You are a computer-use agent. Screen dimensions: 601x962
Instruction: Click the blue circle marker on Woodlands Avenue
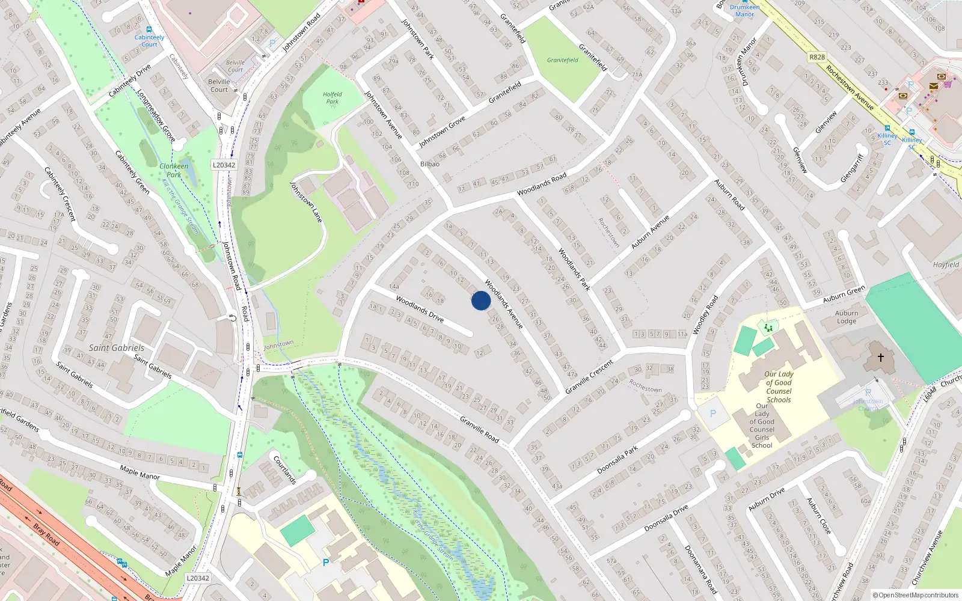[x=481, y=300]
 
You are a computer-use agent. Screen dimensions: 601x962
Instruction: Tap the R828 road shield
[x=817, y=57]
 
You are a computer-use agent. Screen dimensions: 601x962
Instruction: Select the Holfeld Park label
[x=332, y=98]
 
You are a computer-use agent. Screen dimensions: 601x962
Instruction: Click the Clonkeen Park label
[x=174, y=170]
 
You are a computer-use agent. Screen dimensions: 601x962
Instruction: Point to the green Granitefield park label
[x=563, y=60]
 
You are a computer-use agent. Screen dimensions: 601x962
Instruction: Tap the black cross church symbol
[x=881, y=358]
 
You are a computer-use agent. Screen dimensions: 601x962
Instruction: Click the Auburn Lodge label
[x=847, y=317]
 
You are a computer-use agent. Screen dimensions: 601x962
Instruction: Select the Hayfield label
[x=946, y=264]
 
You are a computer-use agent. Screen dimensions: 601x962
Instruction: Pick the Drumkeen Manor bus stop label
[x=744, y=11]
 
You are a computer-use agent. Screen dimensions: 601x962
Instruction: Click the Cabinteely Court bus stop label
[x=149, y=41]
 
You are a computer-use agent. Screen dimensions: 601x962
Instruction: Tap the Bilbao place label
[x=430, y=164]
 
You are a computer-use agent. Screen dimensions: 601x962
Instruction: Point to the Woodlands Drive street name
[x=420, y=308]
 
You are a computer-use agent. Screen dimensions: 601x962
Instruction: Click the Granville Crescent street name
[x=589, y=377]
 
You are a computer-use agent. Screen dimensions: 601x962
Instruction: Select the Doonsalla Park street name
[x=617, y=460]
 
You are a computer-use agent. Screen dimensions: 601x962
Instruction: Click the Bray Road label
[x=46, y=534]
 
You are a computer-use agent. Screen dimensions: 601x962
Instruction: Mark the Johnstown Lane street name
[x=306, y=202]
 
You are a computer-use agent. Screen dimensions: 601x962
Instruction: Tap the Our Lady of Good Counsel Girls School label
[x=762, y=426]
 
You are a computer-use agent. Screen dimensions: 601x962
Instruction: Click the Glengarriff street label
[x=851, y=168]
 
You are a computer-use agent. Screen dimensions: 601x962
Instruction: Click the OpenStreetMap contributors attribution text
[x=916, y=595]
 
